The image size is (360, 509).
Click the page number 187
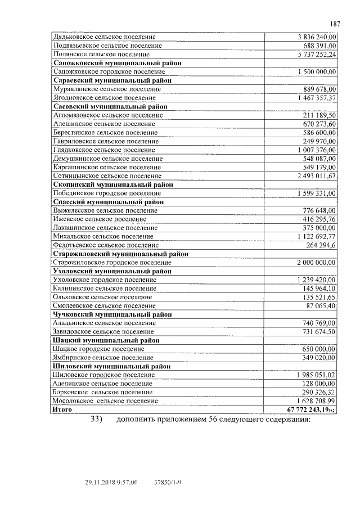click(335, 24)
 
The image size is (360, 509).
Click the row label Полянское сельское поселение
click(101, 55)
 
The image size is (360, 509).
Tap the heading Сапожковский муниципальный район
click(117, 64)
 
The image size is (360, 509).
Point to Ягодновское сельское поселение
click(103, 98)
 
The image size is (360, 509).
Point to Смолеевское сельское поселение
click(103, 305)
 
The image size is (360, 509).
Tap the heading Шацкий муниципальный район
click(106, 340)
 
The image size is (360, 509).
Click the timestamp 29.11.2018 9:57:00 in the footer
click(111, 483)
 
